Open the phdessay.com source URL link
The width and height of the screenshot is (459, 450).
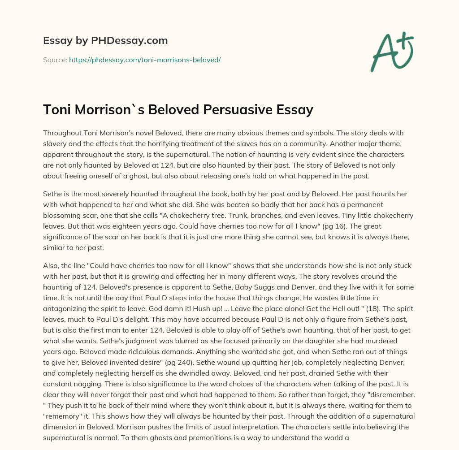144,60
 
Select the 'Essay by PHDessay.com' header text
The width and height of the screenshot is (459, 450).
105,41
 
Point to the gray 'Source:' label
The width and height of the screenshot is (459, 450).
55,60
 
